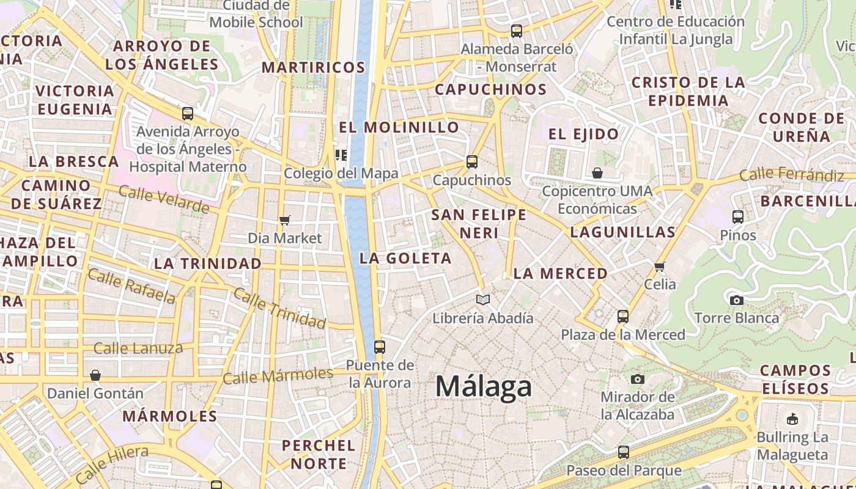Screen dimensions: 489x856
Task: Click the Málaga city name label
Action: (x=483, y=387)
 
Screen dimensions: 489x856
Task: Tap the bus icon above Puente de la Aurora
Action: (x=379, y=347)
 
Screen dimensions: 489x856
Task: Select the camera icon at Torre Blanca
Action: (x=737, y=300)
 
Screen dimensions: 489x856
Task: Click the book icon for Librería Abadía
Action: (x=483, y=300)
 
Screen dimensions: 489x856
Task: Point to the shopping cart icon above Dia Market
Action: (x=284, y=220)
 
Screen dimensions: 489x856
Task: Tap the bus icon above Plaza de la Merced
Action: (x=623, y=317)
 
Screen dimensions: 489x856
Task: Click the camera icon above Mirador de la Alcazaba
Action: (x=638, y=379)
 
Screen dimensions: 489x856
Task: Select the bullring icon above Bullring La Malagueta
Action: (x=792, y=419)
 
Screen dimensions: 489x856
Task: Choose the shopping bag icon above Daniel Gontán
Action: (x=95, y=375)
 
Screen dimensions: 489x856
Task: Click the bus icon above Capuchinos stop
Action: (x=471, y=162)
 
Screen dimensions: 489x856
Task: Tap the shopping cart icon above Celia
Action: (x=660, y=267)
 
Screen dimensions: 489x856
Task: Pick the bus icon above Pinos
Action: (x=738, y=217)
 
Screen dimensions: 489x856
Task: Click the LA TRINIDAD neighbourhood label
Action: (x=208, y=263)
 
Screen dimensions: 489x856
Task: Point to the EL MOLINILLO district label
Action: (x=399, y=127)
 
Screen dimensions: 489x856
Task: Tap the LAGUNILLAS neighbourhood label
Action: (x=622, y=232)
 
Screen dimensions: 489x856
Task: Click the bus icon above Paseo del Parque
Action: (x=623, y=452)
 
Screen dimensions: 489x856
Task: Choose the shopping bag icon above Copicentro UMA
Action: (x=597, y=174)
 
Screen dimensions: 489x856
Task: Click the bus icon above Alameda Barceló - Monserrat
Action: (x=517, y=31)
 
